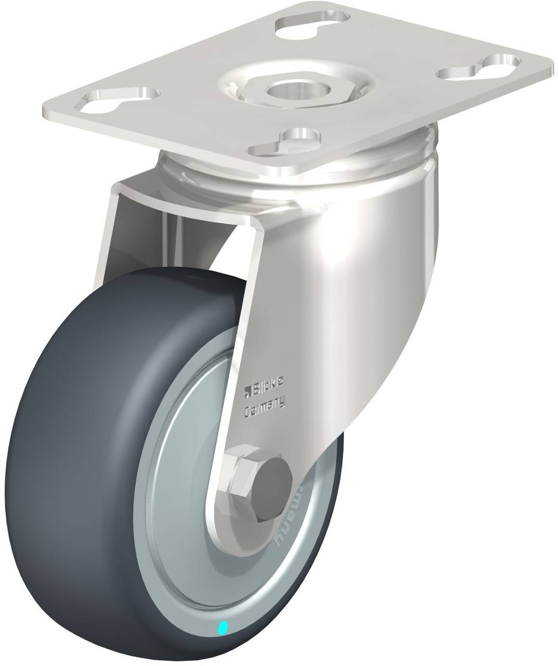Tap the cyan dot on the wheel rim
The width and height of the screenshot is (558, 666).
click(x=224, y=628)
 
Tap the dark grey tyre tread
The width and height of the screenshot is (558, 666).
click(x=78, y=468)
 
